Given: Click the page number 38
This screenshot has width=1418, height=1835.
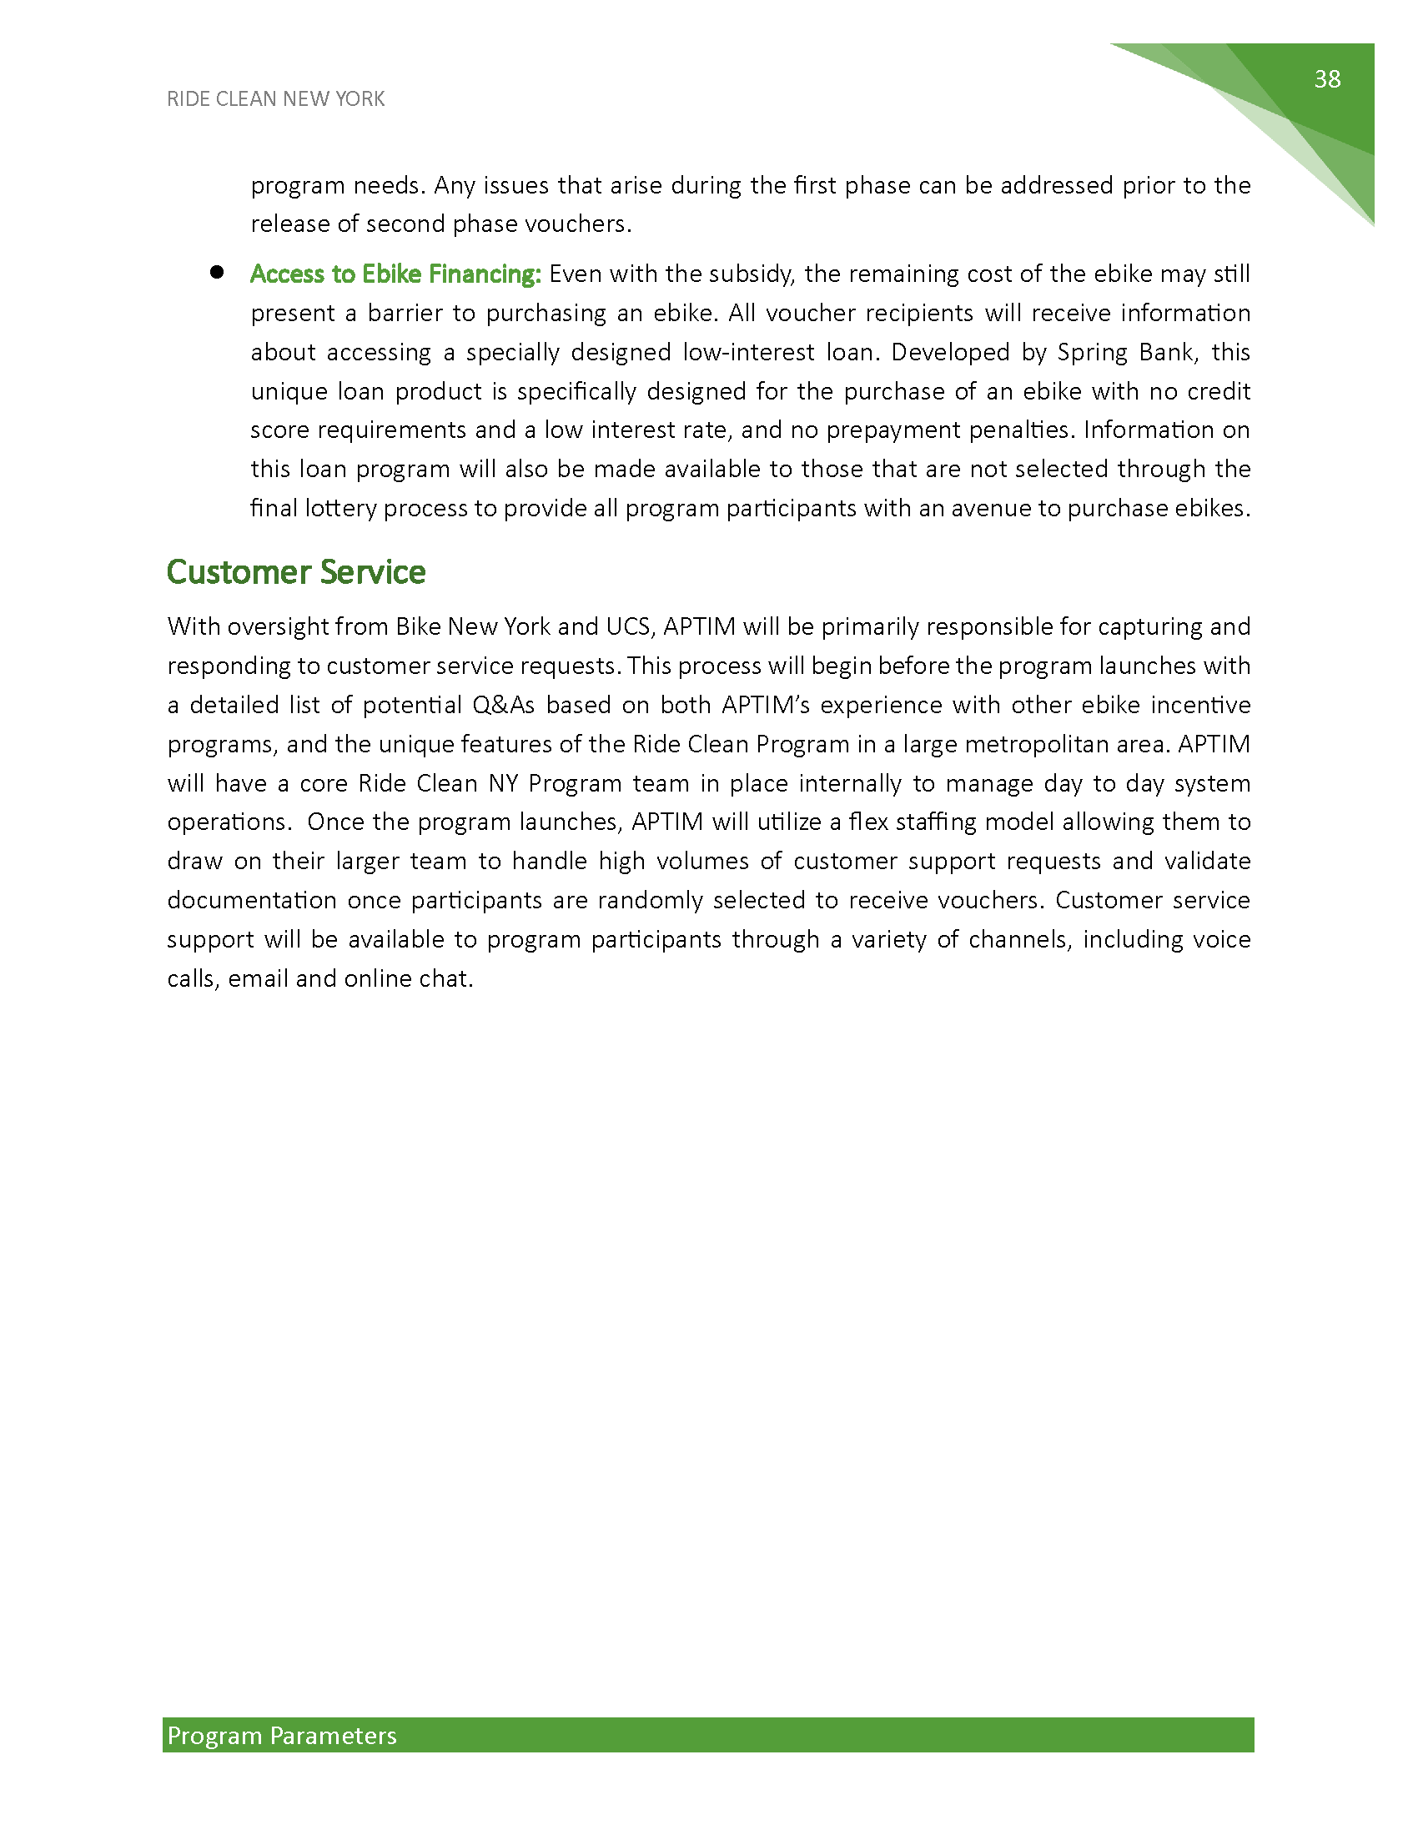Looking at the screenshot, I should [x=1327, y=79].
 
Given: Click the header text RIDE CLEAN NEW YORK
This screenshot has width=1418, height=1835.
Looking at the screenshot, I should [x=275, y=99].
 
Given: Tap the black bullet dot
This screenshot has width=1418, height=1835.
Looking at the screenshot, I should [x=217, y=271].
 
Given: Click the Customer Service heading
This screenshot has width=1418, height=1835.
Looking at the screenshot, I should [x=296, y=572].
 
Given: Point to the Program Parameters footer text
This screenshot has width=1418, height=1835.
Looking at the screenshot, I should [x=281, y=1735].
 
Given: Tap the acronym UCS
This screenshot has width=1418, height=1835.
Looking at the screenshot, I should [x=626, y=626].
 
